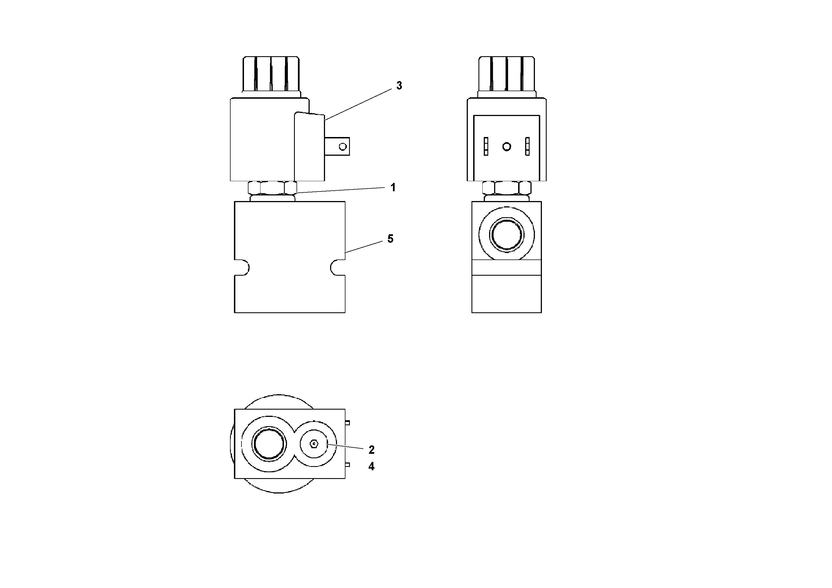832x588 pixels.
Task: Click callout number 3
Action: pyautogui.click(x=399, y=86)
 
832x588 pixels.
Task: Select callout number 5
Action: pyautogui.click(x=390, y=239)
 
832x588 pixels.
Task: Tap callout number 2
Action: pyautogui.click(x=371, y=450)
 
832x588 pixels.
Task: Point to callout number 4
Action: pyautogui.click(x=371, y=467)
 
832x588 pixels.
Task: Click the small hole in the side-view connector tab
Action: pyautogui.click(x=342, y=147)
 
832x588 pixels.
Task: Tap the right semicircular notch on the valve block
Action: pyautogui.click(x=337, y=268)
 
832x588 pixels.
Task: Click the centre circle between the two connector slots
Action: pyautogui.click(x=507, y=147)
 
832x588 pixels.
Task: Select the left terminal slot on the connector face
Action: pyautogui.click(x=486, y=147)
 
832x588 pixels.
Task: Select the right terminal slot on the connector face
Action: pyautogui.click(x=527, y=147)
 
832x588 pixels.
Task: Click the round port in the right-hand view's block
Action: pyautogui.click(x=507, y=234)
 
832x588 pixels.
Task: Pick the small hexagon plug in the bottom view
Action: pyautogui.click(x=314, y=443)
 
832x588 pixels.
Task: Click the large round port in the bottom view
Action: pyautogui.click(x=269, y=444)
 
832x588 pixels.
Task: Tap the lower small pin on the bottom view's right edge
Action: pyautogui.click(x=347, y=465)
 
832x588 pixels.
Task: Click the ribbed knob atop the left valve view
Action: pyautogui.click(x=271, y=74)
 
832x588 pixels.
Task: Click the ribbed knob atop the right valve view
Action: pyautogui.click(x=507, y=74)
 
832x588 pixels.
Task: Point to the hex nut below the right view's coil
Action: pyautogui.click(x=507, y=188)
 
